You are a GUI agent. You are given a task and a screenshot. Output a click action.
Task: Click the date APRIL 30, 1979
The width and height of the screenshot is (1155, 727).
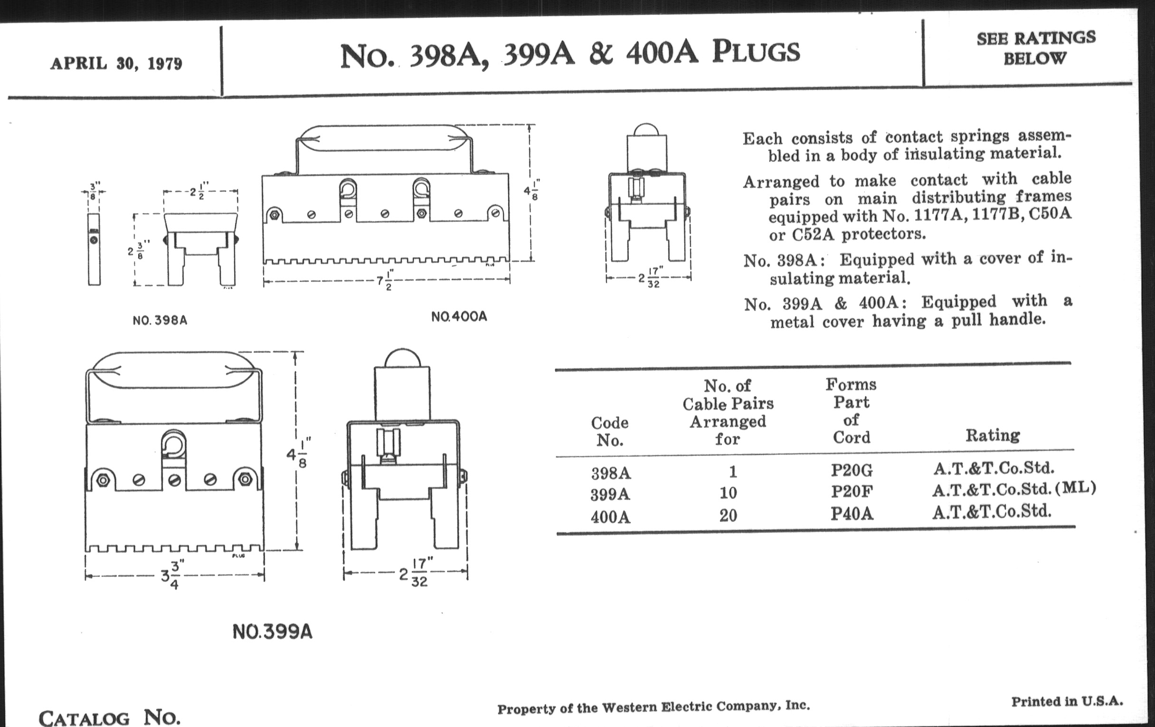click(x=116, y=63)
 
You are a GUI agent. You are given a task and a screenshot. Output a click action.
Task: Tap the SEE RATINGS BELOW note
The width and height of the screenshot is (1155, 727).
click(x=1036, y=48)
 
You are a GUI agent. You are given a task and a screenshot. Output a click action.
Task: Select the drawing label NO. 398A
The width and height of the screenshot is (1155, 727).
click(x=160, y=320)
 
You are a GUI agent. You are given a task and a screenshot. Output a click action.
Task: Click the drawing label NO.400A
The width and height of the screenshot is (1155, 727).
click(x=459, y=316)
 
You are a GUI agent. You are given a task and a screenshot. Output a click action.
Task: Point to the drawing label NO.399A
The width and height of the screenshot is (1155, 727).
click(x=273, y=631)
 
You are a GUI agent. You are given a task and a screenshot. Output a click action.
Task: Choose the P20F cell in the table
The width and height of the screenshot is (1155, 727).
click(x=852, y=492)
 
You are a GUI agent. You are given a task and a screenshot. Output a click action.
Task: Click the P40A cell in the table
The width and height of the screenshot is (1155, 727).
click(x=852, y=514)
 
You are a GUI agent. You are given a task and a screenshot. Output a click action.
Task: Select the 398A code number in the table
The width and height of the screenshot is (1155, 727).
click(x=611, y=474)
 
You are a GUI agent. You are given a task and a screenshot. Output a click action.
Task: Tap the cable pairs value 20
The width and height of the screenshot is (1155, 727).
click(x=728, y=516)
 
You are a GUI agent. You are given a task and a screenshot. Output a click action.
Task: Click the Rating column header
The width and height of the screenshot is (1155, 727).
click(x=993, y=435)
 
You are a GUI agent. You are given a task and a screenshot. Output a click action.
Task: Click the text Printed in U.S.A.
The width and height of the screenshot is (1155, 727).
click(x=1067, y=701)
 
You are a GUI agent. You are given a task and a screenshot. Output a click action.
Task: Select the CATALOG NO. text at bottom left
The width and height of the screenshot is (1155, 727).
click(x=109, y=717)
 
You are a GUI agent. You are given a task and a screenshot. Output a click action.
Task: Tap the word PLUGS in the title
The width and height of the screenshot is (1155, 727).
click(x=756, y=52)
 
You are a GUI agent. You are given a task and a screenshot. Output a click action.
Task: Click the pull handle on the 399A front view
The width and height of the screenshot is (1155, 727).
click(x=174, y=373)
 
